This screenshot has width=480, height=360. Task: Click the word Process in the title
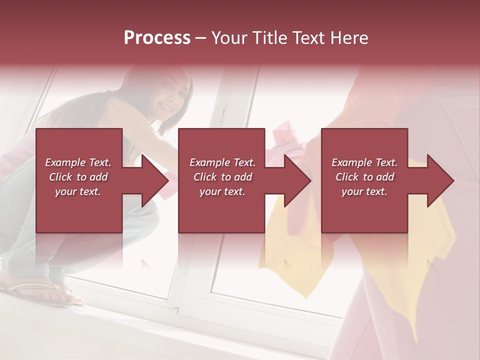157,38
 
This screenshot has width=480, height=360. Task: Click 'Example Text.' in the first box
78,162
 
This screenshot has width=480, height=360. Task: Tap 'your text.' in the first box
78,191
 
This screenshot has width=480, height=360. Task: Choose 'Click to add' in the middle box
222,177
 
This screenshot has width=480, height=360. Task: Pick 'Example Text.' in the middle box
222,162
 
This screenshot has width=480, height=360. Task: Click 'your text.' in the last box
364,191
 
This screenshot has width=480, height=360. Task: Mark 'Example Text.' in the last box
364,162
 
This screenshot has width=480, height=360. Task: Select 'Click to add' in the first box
78,177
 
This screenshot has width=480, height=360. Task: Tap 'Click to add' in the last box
364,177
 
